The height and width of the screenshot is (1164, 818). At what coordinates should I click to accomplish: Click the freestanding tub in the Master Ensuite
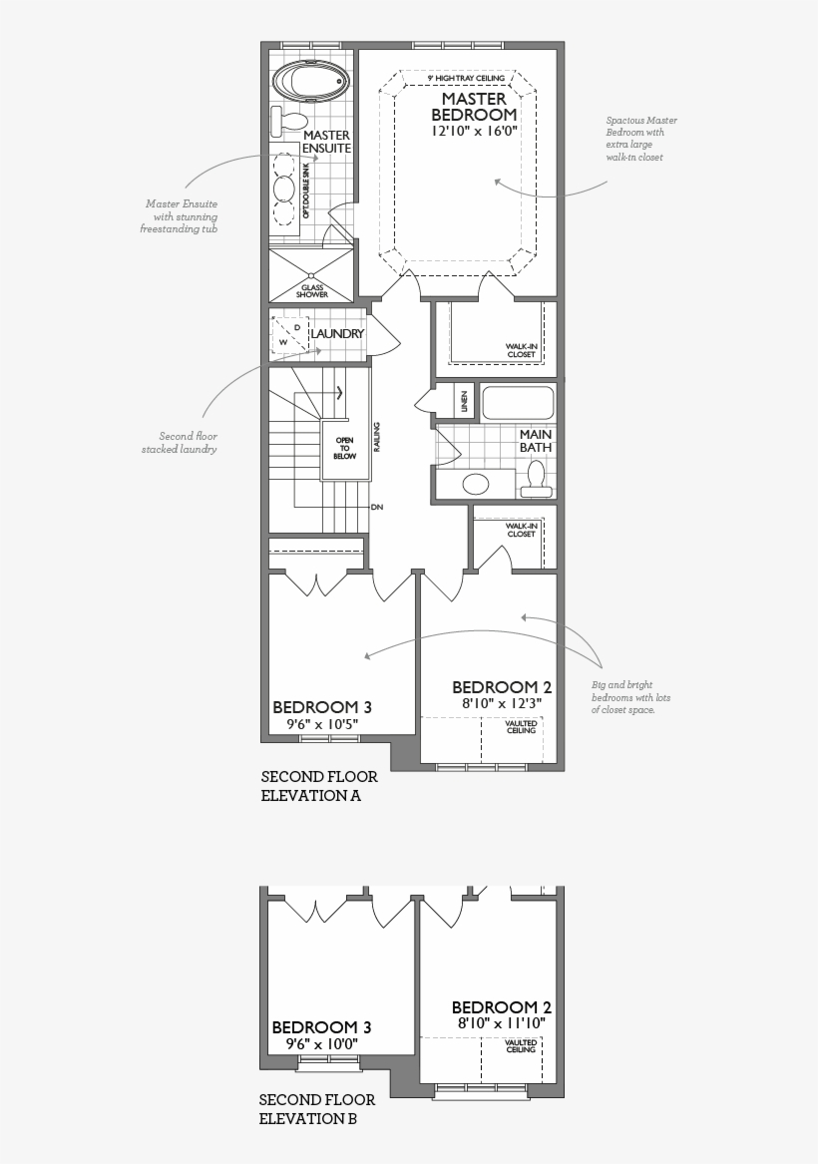(x=310, y=80)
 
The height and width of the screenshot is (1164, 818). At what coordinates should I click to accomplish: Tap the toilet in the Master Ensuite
(x=285, y=122)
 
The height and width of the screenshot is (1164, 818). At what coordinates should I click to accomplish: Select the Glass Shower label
(x=312, y=290)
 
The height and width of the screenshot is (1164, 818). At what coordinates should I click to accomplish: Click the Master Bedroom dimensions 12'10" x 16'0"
(x=474, y=131)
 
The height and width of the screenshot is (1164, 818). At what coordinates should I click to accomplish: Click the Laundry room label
(x=337, y=334)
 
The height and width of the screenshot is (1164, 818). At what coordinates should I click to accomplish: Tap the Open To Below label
(x=344, y=448)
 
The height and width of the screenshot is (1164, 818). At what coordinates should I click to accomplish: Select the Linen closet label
(x=465, y=402)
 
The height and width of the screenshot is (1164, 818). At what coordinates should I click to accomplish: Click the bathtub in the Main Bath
(x=518, y=403)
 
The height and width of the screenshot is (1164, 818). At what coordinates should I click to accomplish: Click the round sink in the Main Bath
(x=476, y=485)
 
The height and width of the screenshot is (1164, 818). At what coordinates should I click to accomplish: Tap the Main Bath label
(x=535, y=441)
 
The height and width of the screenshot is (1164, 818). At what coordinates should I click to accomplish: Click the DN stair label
(x=377, y=508)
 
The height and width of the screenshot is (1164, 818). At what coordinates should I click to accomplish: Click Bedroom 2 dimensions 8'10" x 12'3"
(x=501, y=703)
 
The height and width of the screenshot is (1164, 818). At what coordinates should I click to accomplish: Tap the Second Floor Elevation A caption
(x=319, y=786)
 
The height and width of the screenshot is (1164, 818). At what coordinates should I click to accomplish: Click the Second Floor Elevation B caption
(x=317, y=1109)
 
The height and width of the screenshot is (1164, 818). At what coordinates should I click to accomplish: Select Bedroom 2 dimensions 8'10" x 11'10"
(x=501, y=1023)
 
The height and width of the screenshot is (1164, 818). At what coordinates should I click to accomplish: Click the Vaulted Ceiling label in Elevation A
(x=521, y=727)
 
